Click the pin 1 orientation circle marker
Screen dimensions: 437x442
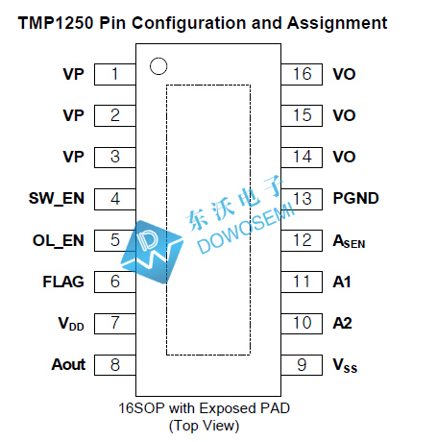coord(158,66)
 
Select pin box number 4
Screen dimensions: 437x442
coord(115,199)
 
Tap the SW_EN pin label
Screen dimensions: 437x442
coord(57,199)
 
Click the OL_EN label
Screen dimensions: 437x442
coord(59,241)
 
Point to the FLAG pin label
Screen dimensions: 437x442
coord(63,282)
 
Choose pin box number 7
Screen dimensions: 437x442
coord(115,324)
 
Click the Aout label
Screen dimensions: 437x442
coord(68,364)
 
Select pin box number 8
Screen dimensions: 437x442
coord(115,365)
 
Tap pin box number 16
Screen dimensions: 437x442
coord(302,74)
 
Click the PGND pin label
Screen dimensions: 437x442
coord(355,198)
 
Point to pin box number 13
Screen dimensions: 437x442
coord(302,199)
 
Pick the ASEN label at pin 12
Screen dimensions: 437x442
coord(349,241)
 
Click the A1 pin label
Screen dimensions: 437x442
coord(342,282)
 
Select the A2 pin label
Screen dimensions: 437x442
coord(343,323)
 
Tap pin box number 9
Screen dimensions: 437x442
coord(302,365)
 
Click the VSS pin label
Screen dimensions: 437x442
coord(345,366)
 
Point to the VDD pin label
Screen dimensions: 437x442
coord(71,324)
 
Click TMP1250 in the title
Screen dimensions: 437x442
coord(56,23)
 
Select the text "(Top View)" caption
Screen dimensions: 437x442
coord(205,426)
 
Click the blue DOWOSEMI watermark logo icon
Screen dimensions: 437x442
coord(152,252)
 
